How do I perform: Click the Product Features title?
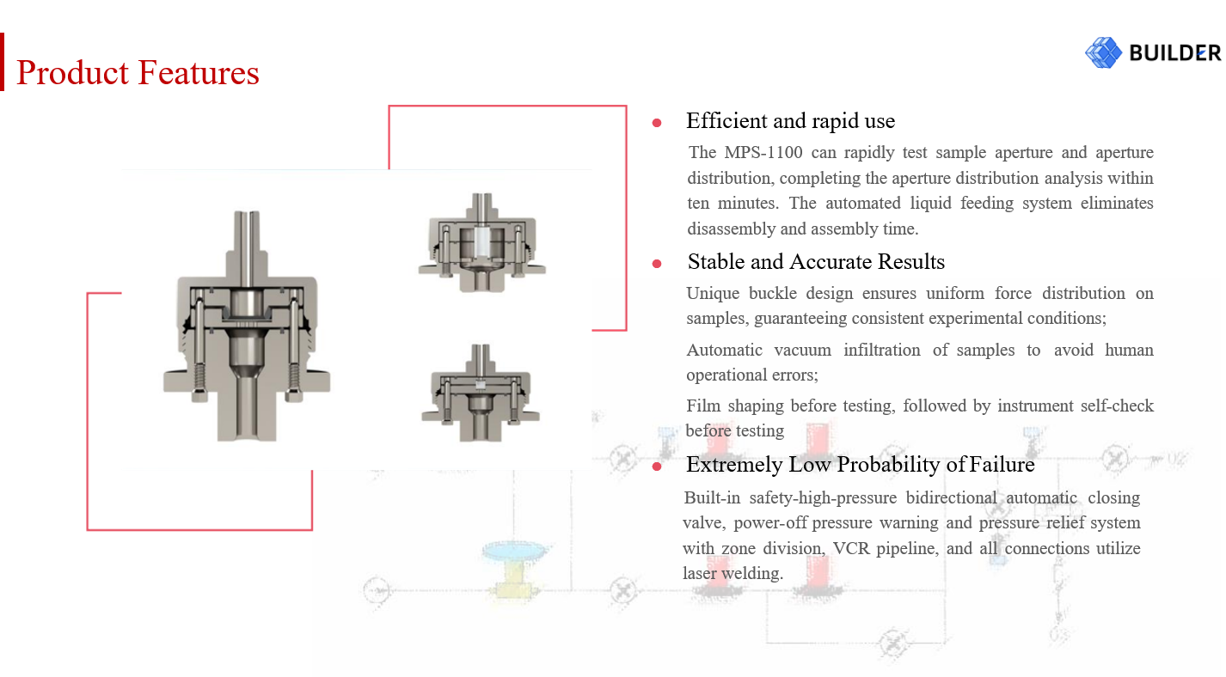(x=138, y=72)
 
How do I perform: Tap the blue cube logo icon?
(x=1103, y=52)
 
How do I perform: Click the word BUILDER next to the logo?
(x=1174, y=53)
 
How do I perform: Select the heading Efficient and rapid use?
(x=790, y=121)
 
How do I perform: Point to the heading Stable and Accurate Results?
(x=816, y=262)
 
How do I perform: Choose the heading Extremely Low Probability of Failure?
(x=861, y=464)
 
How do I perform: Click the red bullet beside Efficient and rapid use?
(x=657, y=123)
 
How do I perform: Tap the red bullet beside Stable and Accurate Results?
(x=657, y=264)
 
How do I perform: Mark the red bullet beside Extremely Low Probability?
(x=657, y=467)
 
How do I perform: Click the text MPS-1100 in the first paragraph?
(x=763, y=152)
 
